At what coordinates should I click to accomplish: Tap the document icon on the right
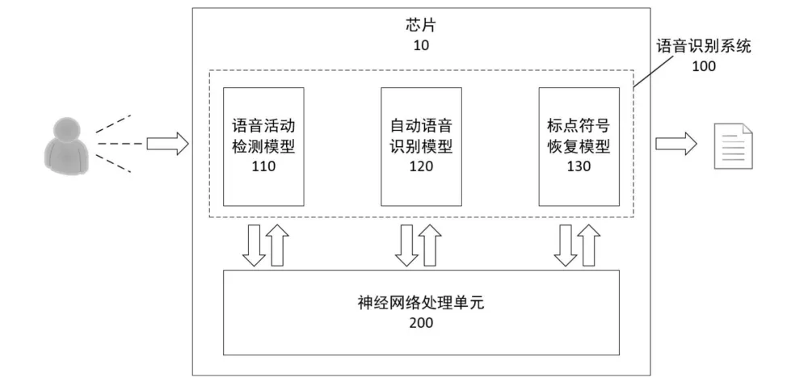733,145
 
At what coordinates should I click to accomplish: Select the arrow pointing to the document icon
676,144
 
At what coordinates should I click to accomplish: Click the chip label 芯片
421,25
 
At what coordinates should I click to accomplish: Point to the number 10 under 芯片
421,45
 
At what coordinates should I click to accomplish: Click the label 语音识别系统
704,46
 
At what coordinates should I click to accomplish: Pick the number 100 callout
704,66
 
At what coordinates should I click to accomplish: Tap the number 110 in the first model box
263,166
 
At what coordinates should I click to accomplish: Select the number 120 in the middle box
421,166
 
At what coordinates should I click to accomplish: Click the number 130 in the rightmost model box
579,166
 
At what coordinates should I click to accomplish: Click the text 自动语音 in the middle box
421,126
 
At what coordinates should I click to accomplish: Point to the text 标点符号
579,126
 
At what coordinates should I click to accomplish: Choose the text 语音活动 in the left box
263,126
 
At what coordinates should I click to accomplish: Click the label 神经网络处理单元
421,303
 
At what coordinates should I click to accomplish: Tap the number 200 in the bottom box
421,323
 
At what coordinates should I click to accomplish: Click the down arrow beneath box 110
254,245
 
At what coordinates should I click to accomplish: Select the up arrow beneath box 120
430,245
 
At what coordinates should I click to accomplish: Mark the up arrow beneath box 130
588,245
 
